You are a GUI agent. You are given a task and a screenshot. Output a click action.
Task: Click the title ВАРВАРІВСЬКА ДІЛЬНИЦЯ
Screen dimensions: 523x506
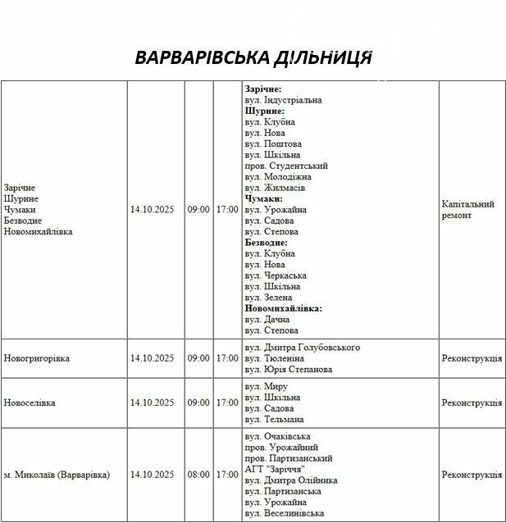point(253,58)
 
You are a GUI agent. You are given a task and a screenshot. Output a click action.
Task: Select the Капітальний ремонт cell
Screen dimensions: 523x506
point(467,209)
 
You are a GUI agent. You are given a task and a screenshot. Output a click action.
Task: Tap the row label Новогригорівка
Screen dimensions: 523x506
point(37,358)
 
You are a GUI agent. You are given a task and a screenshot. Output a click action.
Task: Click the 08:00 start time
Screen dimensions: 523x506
point(198,475)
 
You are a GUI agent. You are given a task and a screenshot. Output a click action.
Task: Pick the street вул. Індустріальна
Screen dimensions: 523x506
point(283,100)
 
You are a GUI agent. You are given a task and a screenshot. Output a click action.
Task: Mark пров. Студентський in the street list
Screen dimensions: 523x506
point(284,166)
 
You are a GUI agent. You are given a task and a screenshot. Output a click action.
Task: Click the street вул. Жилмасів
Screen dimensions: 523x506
point(275,188)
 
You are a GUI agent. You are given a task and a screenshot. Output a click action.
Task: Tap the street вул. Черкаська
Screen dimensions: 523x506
point(276,275)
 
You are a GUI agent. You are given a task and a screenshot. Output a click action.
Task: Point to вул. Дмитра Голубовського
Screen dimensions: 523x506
point(302,348)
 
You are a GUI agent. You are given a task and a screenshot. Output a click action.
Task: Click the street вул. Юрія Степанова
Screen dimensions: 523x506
point(289,370)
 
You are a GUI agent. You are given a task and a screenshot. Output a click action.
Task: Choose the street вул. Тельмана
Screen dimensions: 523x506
point(274,420)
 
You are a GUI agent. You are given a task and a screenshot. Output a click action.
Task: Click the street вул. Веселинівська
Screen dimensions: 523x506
point(285,513)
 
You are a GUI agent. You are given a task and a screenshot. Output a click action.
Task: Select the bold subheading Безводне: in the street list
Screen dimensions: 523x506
point(266,243)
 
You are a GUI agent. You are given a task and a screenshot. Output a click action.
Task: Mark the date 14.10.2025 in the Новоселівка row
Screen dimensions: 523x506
point(152,402)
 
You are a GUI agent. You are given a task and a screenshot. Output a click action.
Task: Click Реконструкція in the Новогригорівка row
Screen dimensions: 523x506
point(472,358)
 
